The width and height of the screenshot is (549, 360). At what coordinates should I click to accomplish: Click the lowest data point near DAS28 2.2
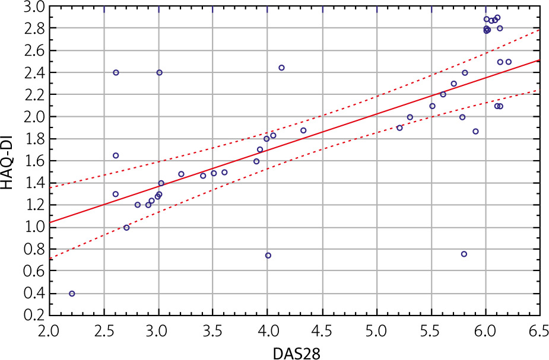(x=72, y=294)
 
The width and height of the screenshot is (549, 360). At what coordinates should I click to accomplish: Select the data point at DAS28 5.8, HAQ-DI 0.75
(x=464, y=254)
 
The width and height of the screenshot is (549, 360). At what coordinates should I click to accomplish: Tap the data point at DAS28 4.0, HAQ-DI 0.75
(x=268, y=256)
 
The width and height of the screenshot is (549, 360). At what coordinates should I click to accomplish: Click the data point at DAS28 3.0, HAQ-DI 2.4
(x=159, y=72)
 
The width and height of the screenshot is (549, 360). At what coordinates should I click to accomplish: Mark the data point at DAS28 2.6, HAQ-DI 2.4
(x=116, y=72)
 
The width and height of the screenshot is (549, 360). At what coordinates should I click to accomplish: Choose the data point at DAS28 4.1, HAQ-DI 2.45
(x=281, y=68)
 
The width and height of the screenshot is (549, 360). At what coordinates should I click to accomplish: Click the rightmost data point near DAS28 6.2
(x=509, y=62)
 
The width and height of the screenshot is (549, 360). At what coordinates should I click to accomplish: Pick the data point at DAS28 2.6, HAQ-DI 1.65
(x=116, y=155)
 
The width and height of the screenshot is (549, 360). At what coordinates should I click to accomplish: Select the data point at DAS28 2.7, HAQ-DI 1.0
(x=126, y=228)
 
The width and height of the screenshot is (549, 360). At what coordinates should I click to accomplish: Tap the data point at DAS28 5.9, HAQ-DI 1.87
(x=475, y=131)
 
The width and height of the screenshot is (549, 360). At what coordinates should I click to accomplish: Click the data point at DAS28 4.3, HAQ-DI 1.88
(x=303, y=130)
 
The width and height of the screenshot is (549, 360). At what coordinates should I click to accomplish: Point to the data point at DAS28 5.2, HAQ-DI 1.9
(x=399, y=128)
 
